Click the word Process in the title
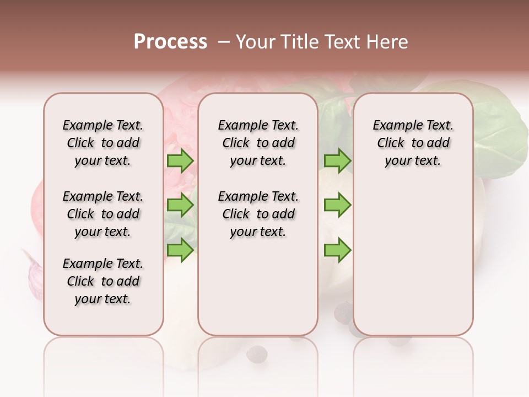pyautogui.click(x=170, y=42)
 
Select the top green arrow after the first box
pyautogui.click(x=180, y=161)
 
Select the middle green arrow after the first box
pyautogui.click(x=180, y=206)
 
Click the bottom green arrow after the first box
pyautogui.click(x=180, y=250)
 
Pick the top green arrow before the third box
pyautogui.click(x=337, y=161)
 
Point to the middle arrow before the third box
pyautogui.click(x=337, y=206)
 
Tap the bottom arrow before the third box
pyautogui.click(x=337, y=250)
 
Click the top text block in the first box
pyautogui.click(x=103, y=143)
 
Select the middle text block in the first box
pyautogui.click(x=103, y=214)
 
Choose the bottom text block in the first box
pyautogui.click(x=103, y=281)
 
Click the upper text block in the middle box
pyautogui.click(x=258, y=143)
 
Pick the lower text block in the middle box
pyautogui.click(x=258, y=214)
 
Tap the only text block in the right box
pyautogui.click(x=413, y=143)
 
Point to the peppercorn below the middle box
pyautogui.click(x=257, y=353)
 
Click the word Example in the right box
pyautogui.click(x=393, y=126)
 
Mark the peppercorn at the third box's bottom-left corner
pyautogui.click(x=343, y=313)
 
